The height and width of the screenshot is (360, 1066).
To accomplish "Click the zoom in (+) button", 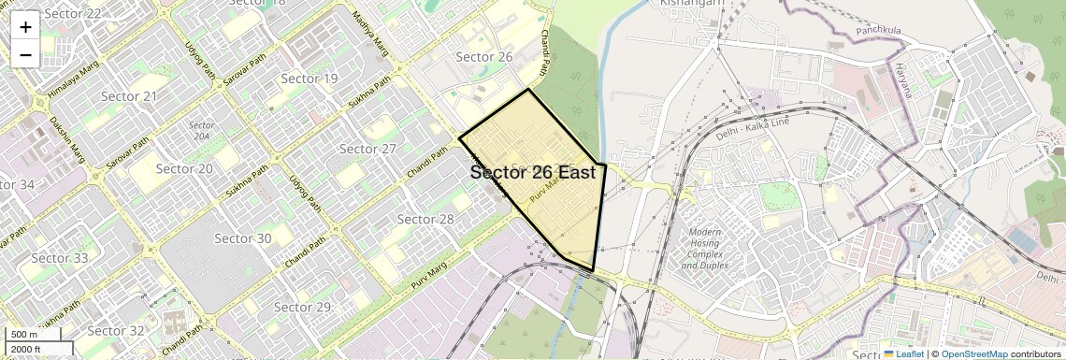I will click(x=25, y=27).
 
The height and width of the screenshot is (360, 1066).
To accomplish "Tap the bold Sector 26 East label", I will click(x=532, y=173).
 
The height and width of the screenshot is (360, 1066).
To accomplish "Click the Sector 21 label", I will click(x=129, y=96).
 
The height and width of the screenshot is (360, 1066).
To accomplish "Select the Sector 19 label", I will click(x=310, y=79).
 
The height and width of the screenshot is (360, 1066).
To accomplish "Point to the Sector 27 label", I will click(x=368, y=149).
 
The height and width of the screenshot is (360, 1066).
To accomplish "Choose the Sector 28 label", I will click(x=425, y=219).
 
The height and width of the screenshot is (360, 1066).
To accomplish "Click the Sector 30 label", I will click(x=243, y=238).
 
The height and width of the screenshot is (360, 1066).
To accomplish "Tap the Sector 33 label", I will click(x=60, y=258).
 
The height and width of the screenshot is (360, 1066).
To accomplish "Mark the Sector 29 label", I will click(x=303, y=307).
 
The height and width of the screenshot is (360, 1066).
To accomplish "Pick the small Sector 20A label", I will click(x=202, y=130).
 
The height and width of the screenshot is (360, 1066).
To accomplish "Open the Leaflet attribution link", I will click(x=903, y=353).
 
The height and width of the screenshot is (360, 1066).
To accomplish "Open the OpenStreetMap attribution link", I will click(x=973, y=353).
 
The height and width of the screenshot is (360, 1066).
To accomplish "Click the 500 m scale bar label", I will click(x=25, y=335).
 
